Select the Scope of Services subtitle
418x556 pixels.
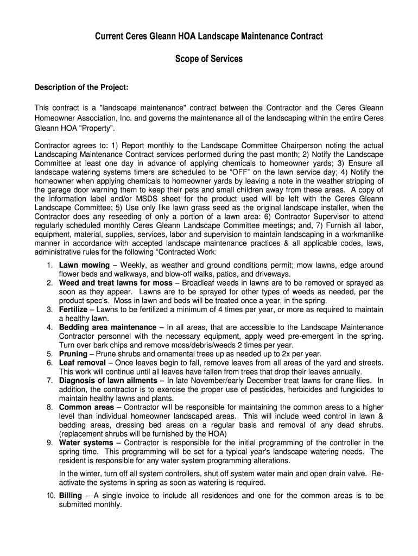point(209,59)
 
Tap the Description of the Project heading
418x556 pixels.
point(81,88)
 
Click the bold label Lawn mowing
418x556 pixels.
point(84,266)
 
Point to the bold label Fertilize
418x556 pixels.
point(73,309)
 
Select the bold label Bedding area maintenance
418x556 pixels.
point(107,327)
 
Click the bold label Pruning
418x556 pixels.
point(73,354)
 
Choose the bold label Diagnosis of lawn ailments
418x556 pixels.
point(108,381)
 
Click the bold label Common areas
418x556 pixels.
point(86,407)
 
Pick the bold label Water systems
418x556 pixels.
point(86,443)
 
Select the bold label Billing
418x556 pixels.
point(71,496)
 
